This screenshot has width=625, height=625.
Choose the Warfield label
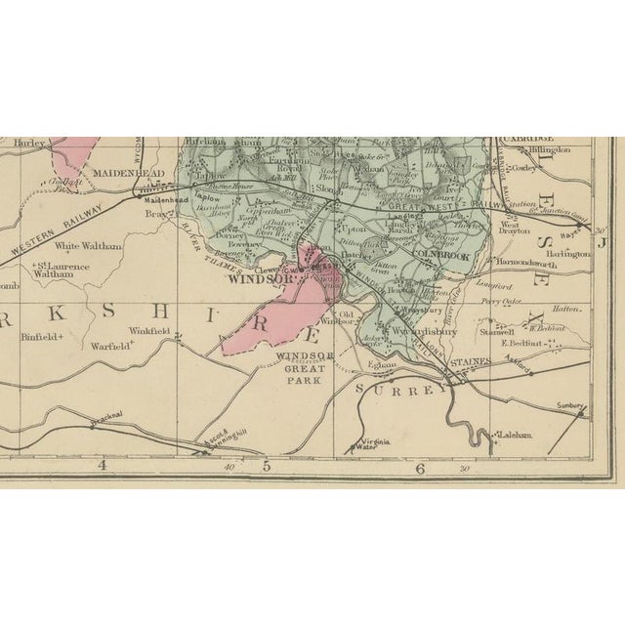[x=110, y=345]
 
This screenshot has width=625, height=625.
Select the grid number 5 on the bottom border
[x=265, y=467]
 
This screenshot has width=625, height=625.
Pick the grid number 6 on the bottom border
[x=421, y=468]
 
